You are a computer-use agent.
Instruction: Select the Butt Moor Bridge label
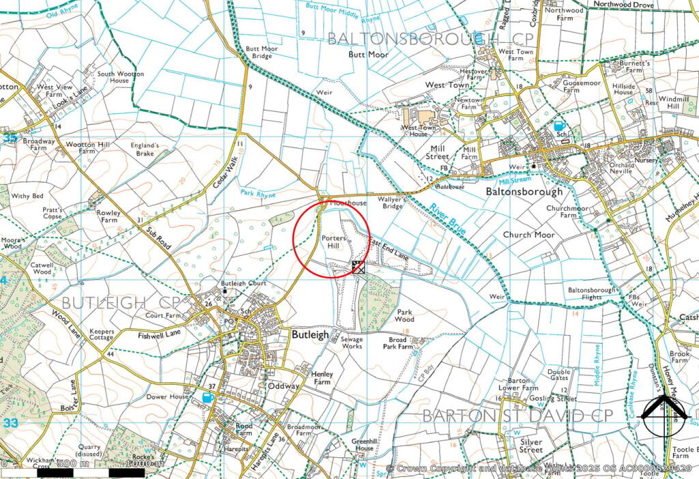(x=259, y=53)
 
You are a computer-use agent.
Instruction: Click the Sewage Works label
(x=352, y=343)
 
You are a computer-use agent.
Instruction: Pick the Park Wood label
(x=405, y=315)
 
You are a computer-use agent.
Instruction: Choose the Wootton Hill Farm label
(x=87, y=147)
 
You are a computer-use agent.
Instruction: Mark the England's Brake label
(x=145, y=149)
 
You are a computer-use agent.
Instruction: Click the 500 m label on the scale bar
(x=74, y=464)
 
